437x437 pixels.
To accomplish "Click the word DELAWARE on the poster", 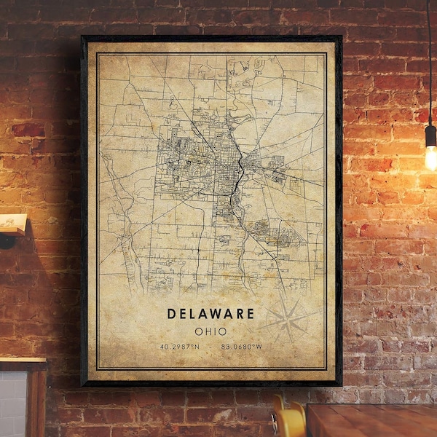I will click(x=210, y=314).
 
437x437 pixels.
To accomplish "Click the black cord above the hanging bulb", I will click(x=428, y=58).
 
